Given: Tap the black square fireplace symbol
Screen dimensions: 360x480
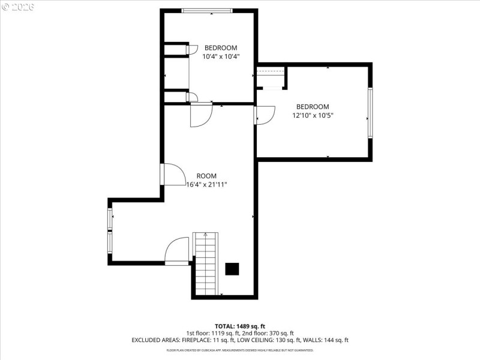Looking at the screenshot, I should click(232, 269).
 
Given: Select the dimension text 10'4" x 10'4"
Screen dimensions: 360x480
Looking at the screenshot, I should click(221, 56).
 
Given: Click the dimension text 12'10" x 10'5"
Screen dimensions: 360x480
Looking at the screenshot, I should click(313, 115).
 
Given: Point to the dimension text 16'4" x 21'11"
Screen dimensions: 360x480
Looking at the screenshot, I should click(208, 185).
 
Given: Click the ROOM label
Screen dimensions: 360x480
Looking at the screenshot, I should click(206, 176).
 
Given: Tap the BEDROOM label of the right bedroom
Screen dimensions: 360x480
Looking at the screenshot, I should click(313, 107).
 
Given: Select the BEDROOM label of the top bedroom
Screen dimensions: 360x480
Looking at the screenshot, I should click(221, 48).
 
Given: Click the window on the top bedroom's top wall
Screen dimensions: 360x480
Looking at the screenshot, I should click(207, 10).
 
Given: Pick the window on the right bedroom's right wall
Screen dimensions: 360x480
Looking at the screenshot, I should click(370, 112).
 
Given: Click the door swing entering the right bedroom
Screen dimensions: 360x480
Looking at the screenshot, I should click(264, 115).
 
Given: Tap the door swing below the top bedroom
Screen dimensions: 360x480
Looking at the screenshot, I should click(201, 115).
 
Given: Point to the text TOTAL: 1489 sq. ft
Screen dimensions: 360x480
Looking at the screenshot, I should click(239, 326).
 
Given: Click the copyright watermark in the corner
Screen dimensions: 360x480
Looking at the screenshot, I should click(18, 7).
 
